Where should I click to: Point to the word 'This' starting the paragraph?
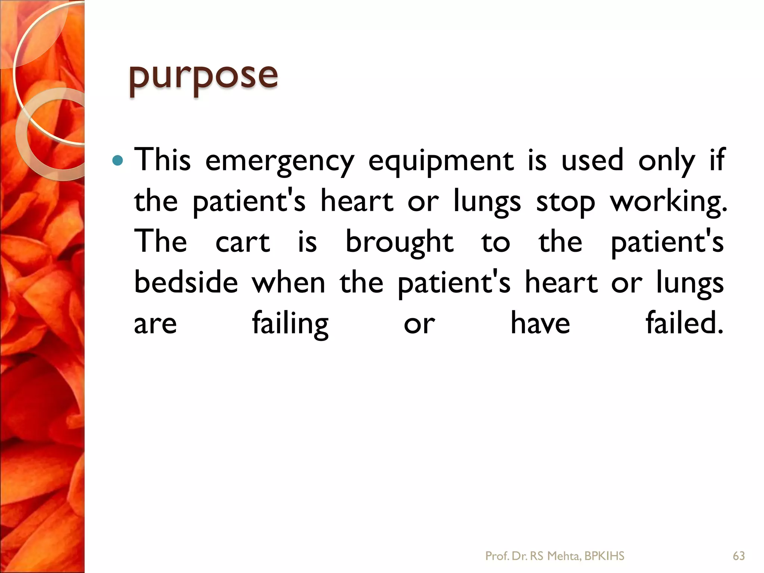[x=162, y=160]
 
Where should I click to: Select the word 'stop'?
[x=565, y=202]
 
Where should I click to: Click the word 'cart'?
[x=243, y=242]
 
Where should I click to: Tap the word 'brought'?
[x=400, y=242]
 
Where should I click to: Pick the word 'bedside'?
[x=186, y=282]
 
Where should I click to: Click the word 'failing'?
[x=290, y=324]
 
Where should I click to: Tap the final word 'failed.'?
[x=685, y=323]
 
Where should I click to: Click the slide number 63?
[x=739, y=556]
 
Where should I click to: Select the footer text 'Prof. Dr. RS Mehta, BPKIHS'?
[x=555, y=556]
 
